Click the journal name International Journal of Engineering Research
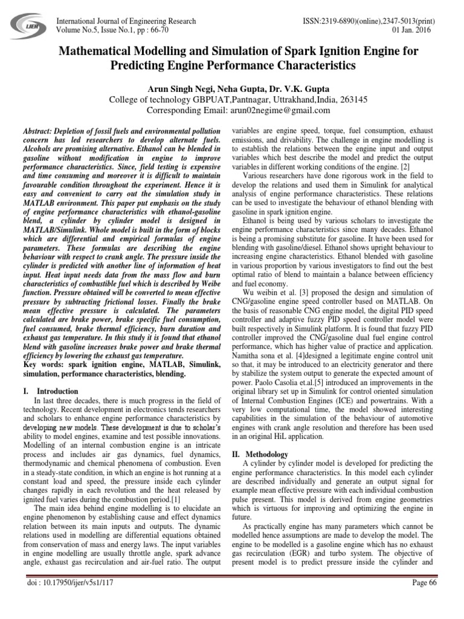tap(126, 21)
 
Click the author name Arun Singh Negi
tap(178, 88)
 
